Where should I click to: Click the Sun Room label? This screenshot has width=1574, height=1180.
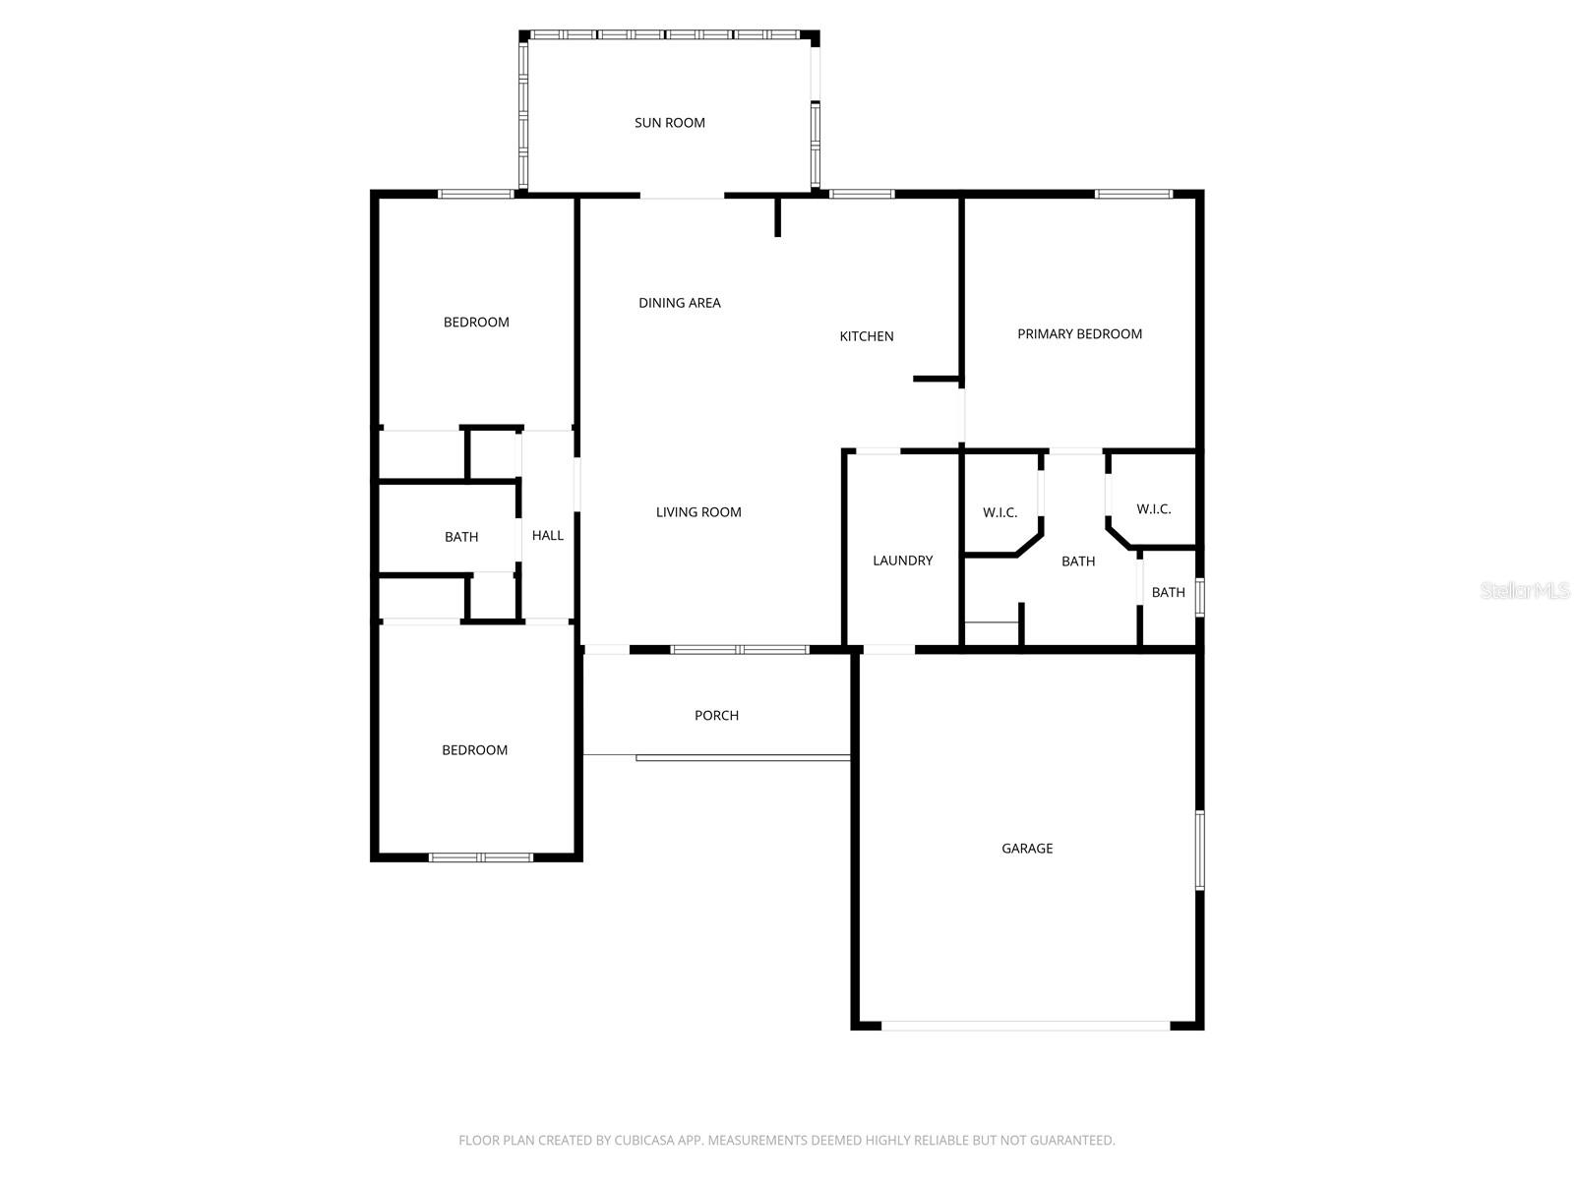tap(669, 123)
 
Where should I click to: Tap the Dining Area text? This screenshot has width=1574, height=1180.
tap(679, 303)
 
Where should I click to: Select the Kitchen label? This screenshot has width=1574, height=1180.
tap(866, 336)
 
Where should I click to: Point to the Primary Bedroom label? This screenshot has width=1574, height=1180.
tap(1079, 334)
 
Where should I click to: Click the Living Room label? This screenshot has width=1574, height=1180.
tap(698, 512)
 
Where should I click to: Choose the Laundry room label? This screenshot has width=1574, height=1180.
tap(902, 560)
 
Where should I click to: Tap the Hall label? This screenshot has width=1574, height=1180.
tap(547, 536)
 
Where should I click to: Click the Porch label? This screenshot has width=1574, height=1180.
tap(716, 716)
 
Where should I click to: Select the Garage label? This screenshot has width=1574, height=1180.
tap(1027, 849)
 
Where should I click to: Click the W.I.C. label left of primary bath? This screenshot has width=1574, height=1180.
tap(999, 513)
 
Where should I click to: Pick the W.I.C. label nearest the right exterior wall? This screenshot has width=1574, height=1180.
tap(1153, 509)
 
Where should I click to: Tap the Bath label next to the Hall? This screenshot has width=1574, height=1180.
tap(460, 537)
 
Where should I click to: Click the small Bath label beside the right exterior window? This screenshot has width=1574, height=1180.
tap(1168, 593)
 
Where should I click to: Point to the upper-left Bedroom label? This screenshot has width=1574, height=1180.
tap(476, 323)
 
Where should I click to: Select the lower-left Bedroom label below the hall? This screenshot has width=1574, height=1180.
tap(474, 750)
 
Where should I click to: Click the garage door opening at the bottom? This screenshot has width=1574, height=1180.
tap(1025, 1026)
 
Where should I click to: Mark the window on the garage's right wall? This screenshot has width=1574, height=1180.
tap(1199, 851)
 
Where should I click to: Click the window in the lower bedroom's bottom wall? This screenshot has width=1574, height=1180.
tap(481, 857)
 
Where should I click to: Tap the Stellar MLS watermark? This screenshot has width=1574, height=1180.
tap(1525, 591)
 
